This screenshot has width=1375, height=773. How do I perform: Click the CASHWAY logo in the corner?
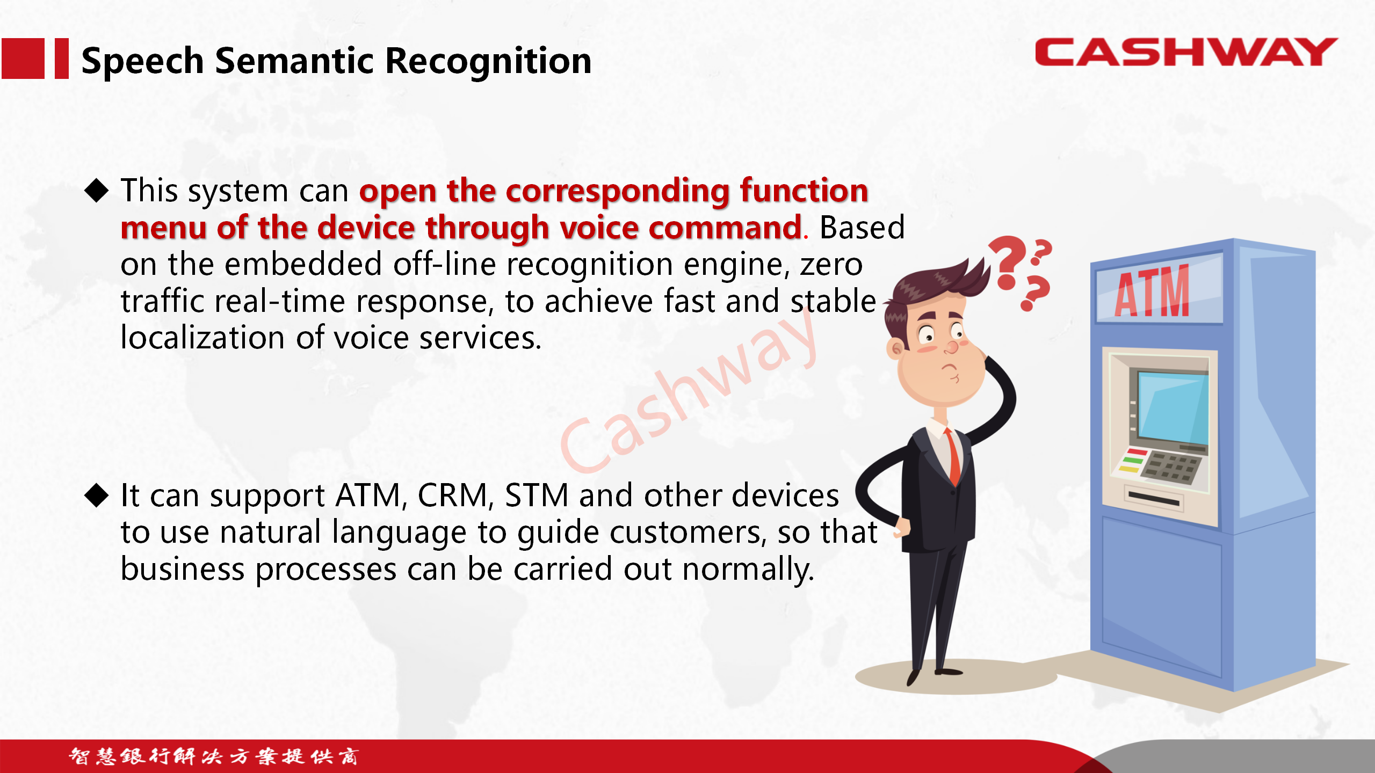pos(1186,52)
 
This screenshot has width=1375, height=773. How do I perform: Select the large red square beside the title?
pos(23,59)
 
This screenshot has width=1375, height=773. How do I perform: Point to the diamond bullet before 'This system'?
pos(97,190)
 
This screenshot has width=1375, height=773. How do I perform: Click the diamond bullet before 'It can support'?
pos(97,495)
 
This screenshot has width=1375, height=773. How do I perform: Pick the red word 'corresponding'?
pos(617,192)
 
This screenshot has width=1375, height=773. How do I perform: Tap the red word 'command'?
pos(725,228)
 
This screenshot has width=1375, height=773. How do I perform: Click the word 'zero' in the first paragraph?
pos(831,265)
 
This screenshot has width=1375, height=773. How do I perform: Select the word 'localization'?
pos(202,338)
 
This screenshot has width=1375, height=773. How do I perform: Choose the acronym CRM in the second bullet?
pos(452,495)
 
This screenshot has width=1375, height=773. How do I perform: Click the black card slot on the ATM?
pos(1153,499)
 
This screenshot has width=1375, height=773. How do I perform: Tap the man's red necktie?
pos(953,456)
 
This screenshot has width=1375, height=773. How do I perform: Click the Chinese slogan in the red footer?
pos(214,756)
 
